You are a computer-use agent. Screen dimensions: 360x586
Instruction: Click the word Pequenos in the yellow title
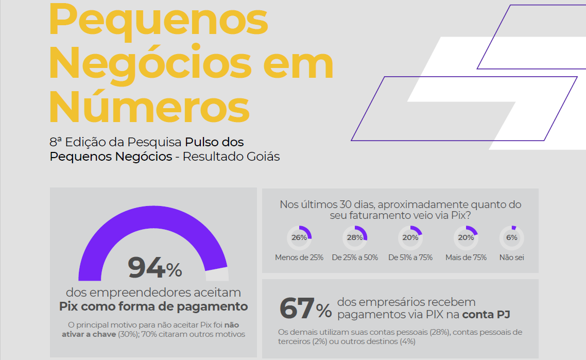pyautogui.click(x=159, y=20)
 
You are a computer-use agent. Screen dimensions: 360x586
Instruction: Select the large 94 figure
pyautogui.click(x=147, y=268)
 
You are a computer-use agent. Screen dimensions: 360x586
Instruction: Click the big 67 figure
pyautogui.click(x=297, y=308)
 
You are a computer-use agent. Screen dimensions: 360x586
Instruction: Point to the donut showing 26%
pyautogui.click(x=299, y=237)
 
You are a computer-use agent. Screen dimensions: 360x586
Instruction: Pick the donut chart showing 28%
pyautogui.click(x=355, y=237)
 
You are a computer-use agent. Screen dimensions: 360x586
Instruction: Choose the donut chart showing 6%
pyautogui.click(x=512, y=237)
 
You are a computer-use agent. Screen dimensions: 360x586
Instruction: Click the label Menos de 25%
pyautogui.click(x=299, y=258)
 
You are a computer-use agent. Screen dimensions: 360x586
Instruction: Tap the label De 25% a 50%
pyautogui.click(x=355, y=258)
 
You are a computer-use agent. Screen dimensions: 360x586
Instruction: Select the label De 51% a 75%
pyautogui.click(x=410, y=258)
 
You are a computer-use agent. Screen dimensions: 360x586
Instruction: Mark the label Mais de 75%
pyautogui.click(x=466, y=258)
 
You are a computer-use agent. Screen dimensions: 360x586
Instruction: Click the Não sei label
pyautogui.click(x=512, y=258)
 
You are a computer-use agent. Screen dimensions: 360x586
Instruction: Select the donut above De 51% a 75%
pyautogui.click(x=410, y=237)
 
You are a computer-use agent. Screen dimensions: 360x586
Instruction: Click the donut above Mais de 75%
pyautogui.click(x=466, y=237)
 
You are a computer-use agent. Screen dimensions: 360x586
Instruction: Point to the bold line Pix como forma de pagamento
pyautogui.click(x=153, y=307)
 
